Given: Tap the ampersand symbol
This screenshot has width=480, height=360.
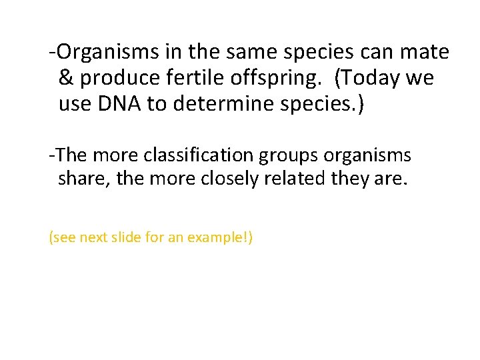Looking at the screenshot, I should [66, 79].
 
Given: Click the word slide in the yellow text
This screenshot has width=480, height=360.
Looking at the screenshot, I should [127, 237].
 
